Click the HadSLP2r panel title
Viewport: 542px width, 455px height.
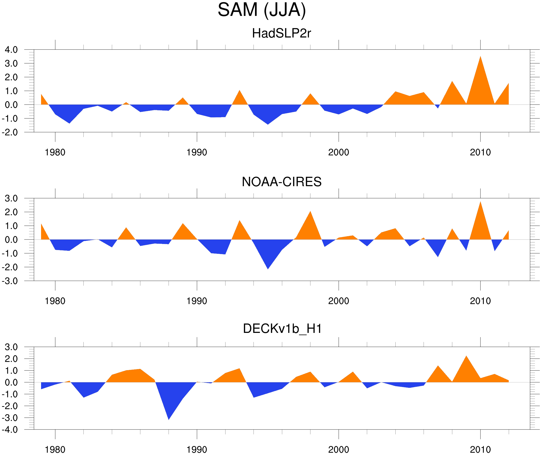click(x=281, y=33)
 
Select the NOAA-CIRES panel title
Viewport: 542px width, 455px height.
click(x=281, y=182)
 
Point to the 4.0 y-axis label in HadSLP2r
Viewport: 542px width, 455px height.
click(x=11, y=50)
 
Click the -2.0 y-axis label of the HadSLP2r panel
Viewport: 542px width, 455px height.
click(x=10, y=133)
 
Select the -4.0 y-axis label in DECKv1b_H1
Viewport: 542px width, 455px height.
click(x=10, y=430)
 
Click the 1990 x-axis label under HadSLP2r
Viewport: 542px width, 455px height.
click(x=197, y=153)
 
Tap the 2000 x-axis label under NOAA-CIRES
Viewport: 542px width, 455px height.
click(x=338, y=301)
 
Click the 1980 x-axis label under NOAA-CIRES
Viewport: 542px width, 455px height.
click(x=55, y=301)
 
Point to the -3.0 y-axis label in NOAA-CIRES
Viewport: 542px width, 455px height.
click(x=10, y=281)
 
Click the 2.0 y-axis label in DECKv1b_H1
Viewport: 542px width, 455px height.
click(x=11, y=359)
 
